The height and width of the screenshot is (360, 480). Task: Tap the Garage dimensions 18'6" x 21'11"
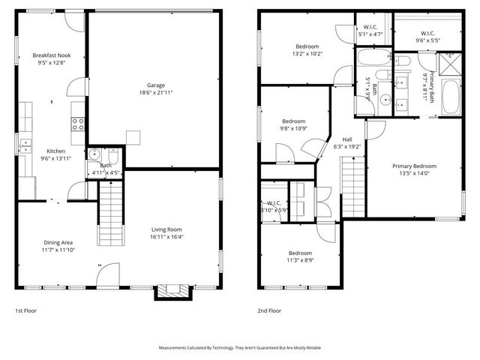tap(156, 94)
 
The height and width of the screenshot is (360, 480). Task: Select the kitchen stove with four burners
tap(77, 122)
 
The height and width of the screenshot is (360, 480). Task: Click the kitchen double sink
tap(25, 145)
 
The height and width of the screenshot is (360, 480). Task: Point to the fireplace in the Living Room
tap(172, 291)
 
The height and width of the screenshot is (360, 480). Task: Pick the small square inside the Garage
tap(133, 136)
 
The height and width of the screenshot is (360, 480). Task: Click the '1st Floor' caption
tap(25, 310)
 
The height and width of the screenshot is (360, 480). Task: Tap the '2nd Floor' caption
tap(268, 310)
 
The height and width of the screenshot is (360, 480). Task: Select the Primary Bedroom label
tap(413, 166)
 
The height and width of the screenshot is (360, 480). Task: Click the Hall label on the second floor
tap(347, 139)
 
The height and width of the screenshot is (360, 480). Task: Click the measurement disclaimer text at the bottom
tap(239, 348)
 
